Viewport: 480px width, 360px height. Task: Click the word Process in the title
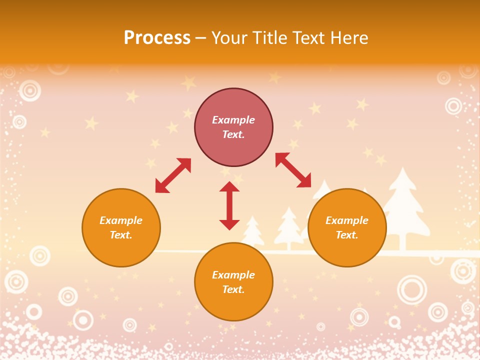(157, 38)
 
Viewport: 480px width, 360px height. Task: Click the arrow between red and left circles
(173, 175)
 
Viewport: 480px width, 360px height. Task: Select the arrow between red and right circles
(293, 170)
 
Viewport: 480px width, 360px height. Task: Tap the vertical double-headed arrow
(229, 205)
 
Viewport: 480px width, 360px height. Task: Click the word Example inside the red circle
(233, 120)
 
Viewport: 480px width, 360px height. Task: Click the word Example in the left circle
(121, 220)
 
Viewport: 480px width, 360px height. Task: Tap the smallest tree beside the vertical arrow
(252, 231)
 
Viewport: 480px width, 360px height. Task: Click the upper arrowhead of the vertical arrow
(229, 187)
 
